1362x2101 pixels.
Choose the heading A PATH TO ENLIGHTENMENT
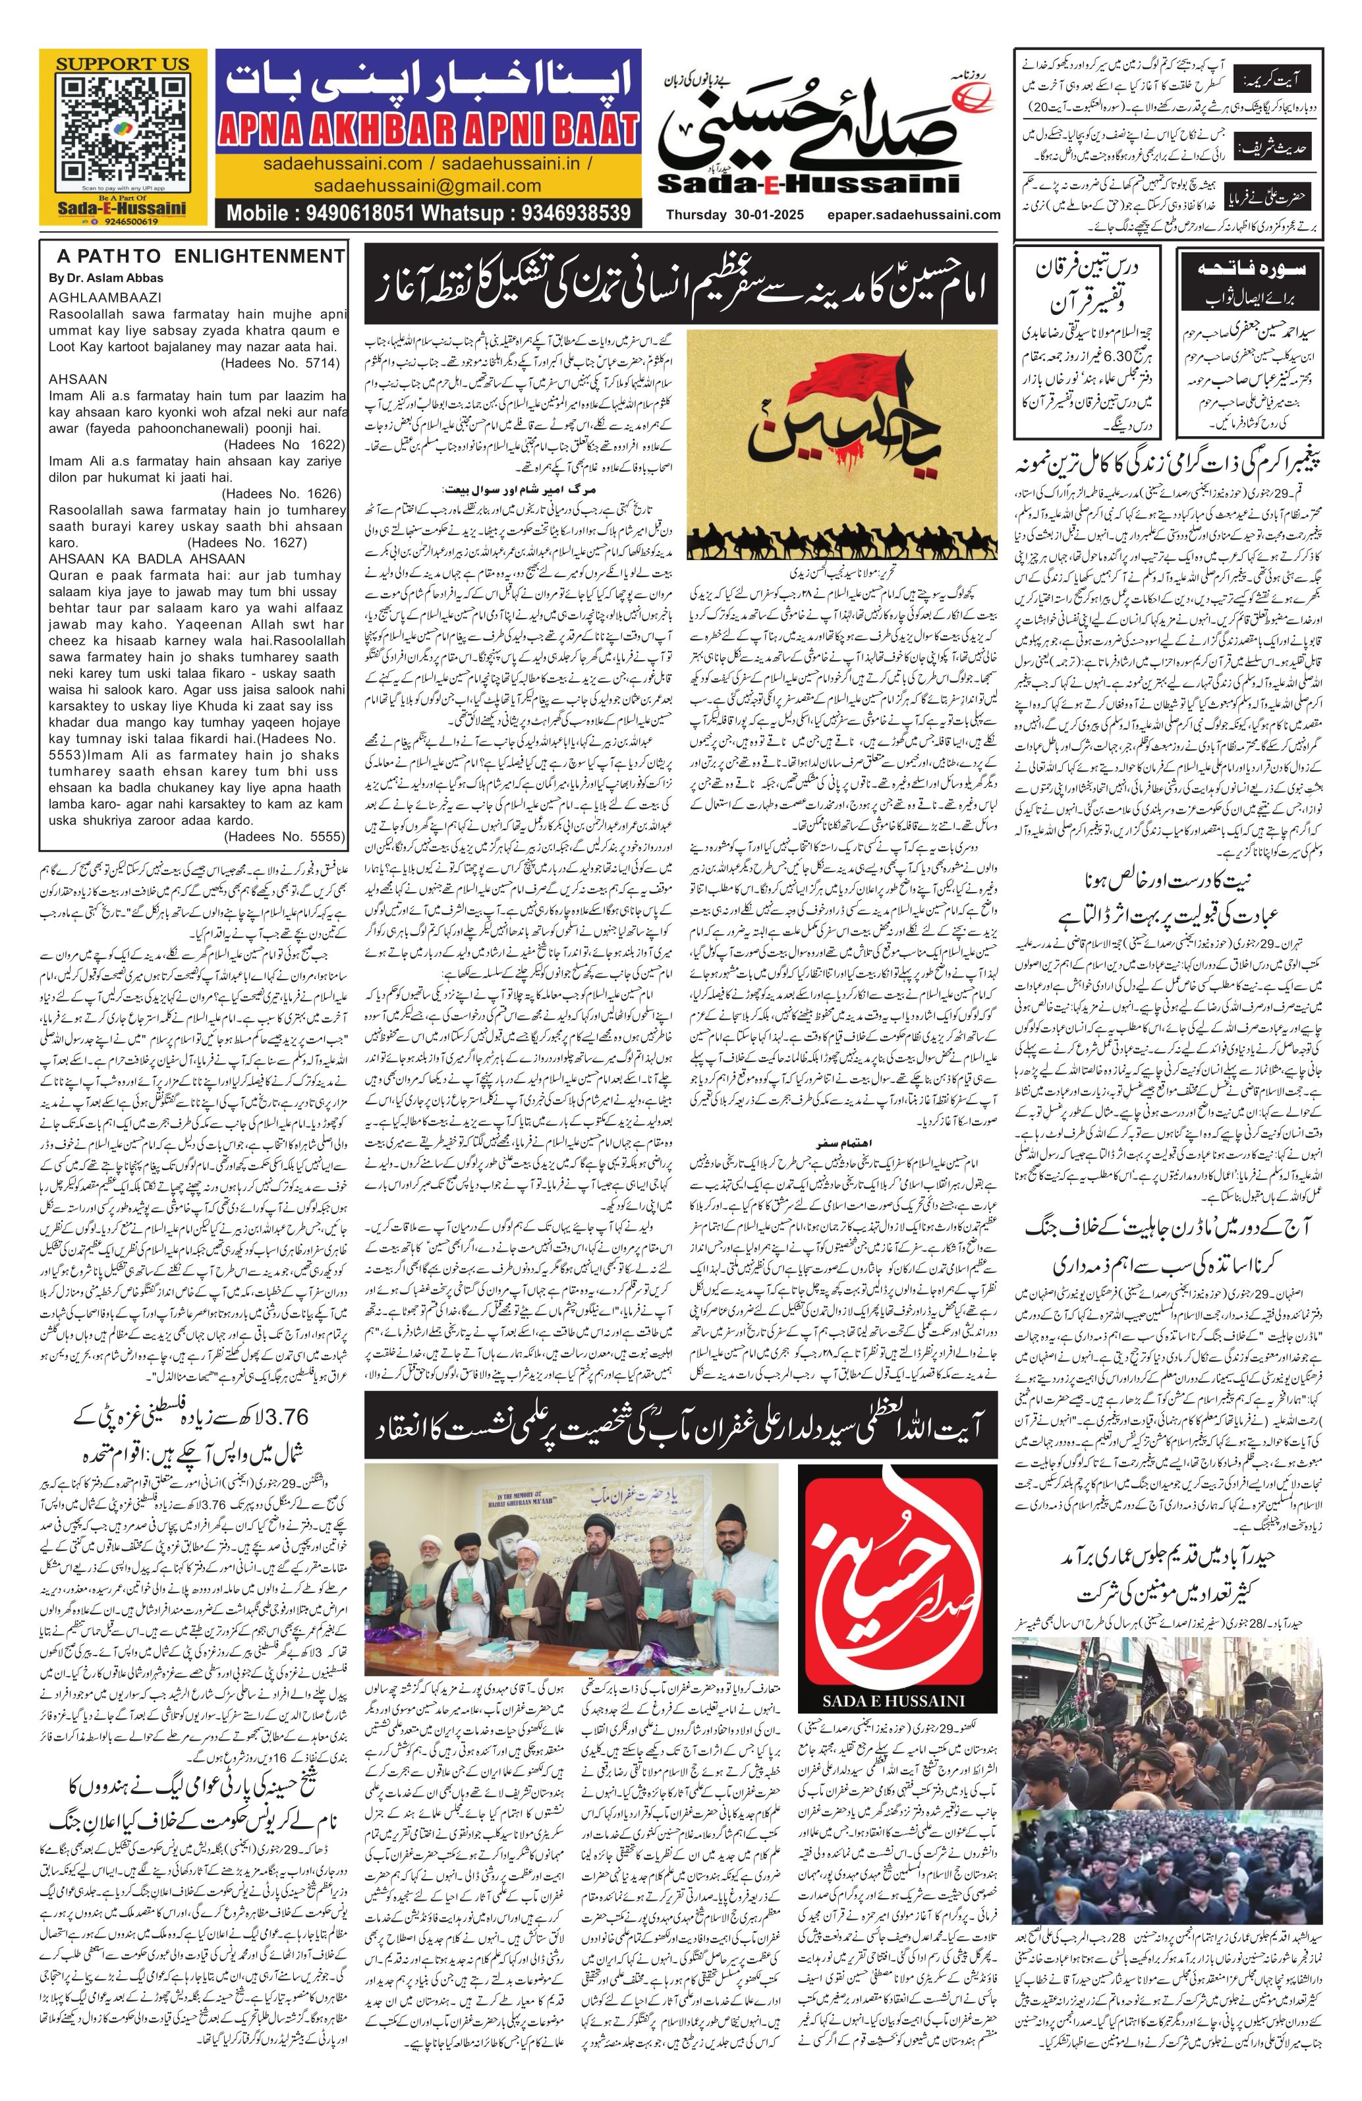pyautogui.click(x=200, y=257)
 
